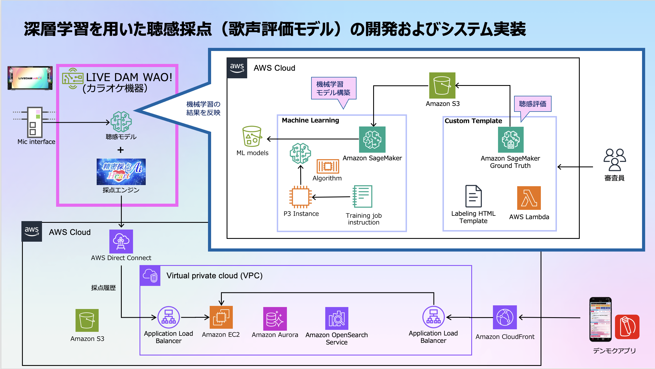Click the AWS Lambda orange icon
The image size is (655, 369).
coord(529,198)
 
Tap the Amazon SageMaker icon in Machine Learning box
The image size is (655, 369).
coord(372,139)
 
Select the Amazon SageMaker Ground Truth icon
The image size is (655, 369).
coord(511,140)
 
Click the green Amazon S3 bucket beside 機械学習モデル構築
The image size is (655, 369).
coord(442,85)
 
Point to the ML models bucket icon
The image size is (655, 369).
coord(252,136)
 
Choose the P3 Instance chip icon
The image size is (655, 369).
coord(300,197)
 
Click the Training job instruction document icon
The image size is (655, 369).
coord(362,196)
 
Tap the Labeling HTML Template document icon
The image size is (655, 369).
coord(473,196)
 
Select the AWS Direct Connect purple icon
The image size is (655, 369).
coord(121,241)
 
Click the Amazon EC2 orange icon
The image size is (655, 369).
coord(221,317)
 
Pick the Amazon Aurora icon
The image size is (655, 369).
coord(275,319)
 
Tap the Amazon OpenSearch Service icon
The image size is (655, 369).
coord(337,318)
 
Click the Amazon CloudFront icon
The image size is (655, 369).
coord(505,317)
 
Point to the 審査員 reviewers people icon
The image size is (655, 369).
coord(615,160)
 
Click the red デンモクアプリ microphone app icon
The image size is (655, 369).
coord(627,327)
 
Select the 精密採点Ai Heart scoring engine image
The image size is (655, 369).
coord(121,172)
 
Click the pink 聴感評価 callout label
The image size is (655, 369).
coord(532,104)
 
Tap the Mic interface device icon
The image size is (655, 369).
coord(35,122)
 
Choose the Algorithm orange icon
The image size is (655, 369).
coord(328,166)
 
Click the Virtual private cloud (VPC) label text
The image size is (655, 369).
coord(214,275)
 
